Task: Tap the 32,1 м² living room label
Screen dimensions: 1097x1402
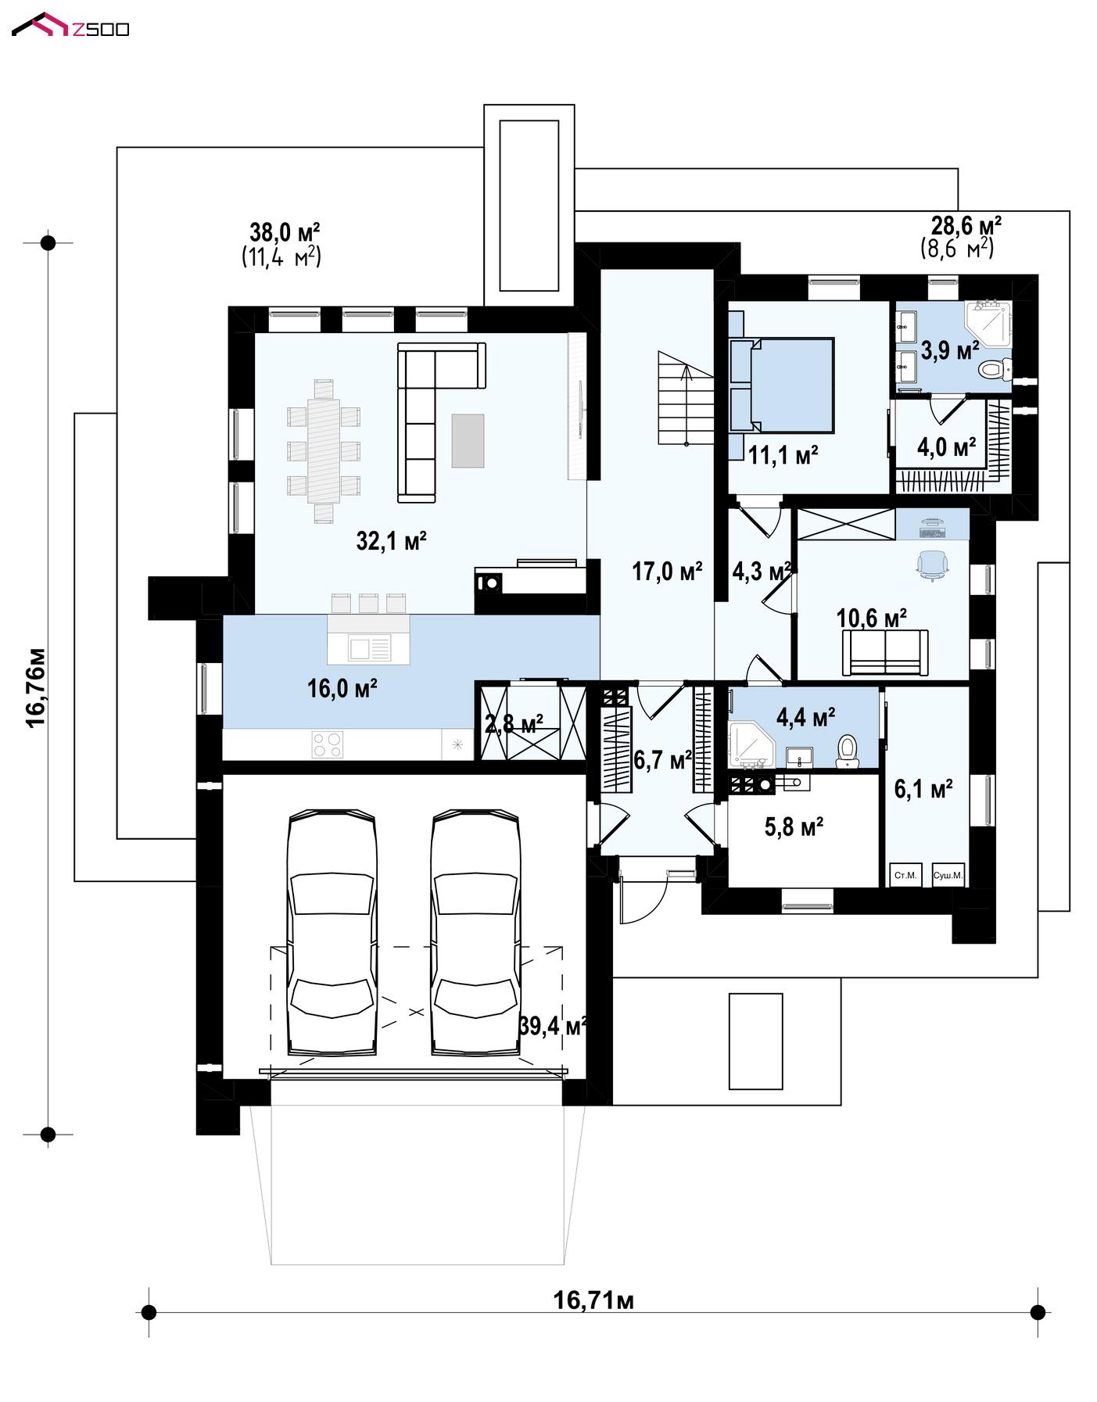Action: (x=391, y=540)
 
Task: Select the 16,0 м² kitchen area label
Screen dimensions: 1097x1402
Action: (x=342, y=689)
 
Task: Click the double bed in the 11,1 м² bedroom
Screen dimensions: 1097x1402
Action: (x=781, y=385)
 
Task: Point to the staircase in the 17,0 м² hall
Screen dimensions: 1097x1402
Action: (x=686, y=398)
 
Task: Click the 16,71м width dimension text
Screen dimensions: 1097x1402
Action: (x=593, y=1300)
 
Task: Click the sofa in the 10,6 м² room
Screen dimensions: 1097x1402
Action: (x=885, y=653)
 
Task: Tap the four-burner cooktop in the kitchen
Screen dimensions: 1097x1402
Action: (x=327, y=744)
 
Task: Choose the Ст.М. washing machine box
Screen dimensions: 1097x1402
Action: (x=905, y=875)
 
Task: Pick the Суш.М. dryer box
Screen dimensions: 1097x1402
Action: (x=948, y=875)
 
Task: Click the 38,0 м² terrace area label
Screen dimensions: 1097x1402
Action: (x=285, y=232)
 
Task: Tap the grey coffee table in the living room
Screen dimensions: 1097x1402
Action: (x=468, y=440)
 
